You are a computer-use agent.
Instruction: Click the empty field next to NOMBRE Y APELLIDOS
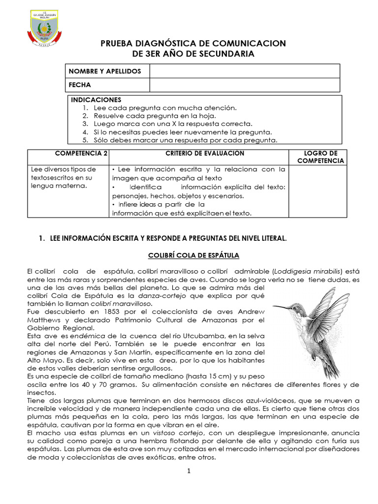[x=244, y=71]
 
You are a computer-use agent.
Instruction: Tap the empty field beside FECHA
[x=244, y=85]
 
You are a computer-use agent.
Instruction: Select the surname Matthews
[x=43, y=320]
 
